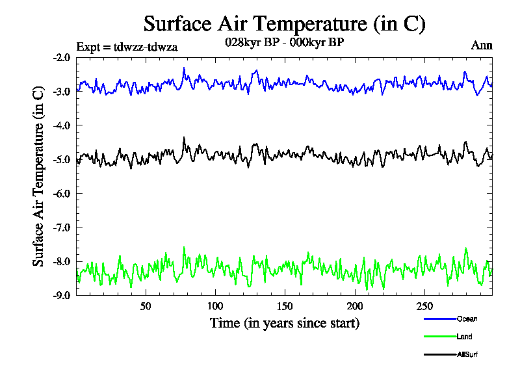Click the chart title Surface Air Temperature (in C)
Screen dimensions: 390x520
pyautogui.click(x=284, y=24)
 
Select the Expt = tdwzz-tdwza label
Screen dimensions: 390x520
pyautogui.click(x=127, y=46)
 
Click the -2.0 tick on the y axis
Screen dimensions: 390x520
pyautogui.click(x=62, y=57)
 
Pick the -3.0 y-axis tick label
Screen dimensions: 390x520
pyautogui.click(x=62, y=91)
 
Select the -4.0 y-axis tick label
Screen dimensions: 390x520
pyautogui.click(x=62, y=125)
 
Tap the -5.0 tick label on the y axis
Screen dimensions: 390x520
pyautogui.click(x=62, y=159)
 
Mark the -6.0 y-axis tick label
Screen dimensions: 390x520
pyautogui.click(x=62, y=193)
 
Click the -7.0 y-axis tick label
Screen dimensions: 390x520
pyautogui.click(x=62, y=227)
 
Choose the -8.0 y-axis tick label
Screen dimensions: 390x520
pyautogui.click(x=62, y=261)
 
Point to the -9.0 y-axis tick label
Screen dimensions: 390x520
pyautogui.click(x=62, y=295)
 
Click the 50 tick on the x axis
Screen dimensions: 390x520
pyautogui.click(x=146, y=306)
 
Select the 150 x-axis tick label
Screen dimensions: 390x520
pyautogui.click(x=285, y=306)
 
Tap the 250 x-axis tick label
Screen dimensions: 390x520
pyautogui.click(x=424, y=306)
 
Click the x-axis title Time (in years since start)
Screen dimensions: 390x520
pyautogui.click(x=284, y=322)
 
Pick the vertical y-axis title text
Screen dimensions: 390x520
pyautogui.click(x=38, y=175)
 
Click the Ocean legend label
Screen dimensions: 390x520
pyautogui.click(x=467, y=318)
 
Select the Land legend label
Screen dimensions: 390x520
pyautogui.click(x=464, y=337)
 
